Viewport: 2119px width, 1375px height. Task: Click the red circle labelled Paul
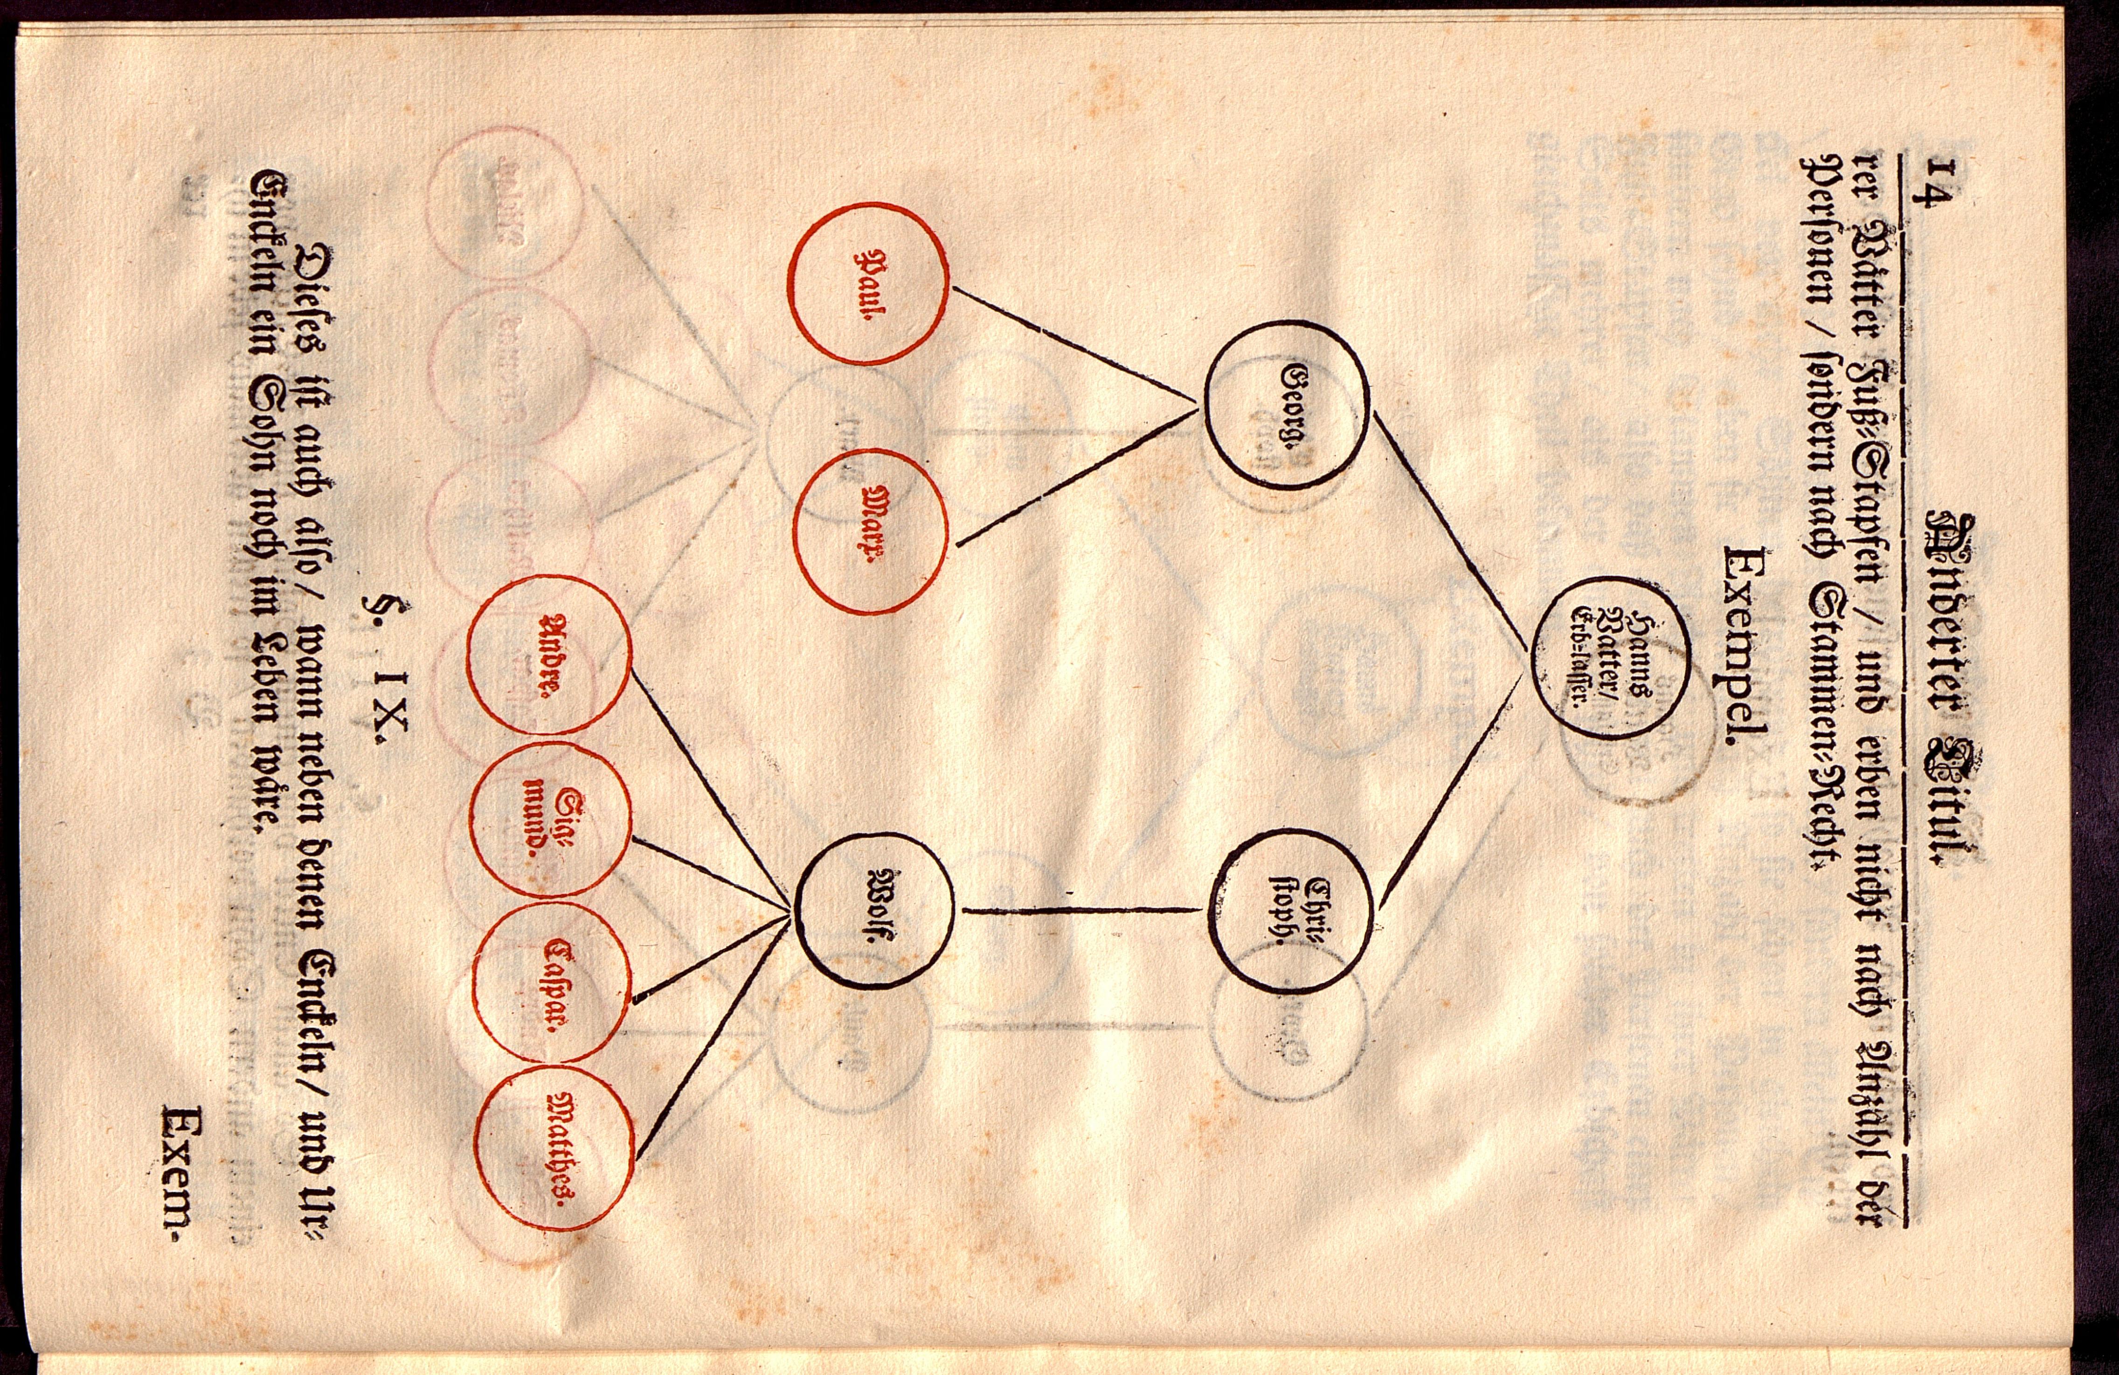click(x=868, y=283)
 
